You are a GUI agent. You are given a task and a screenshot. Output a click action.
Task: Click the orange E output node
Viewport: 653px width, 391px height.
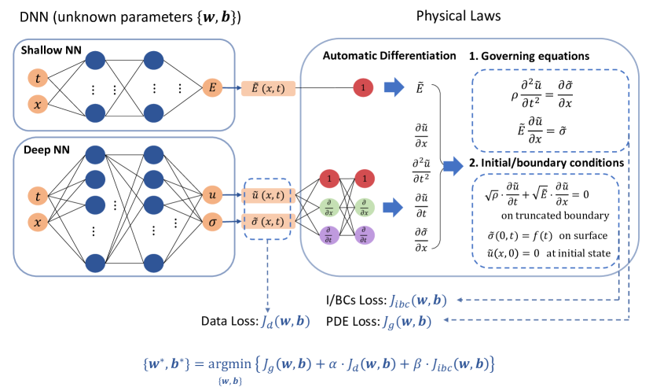[211, 87]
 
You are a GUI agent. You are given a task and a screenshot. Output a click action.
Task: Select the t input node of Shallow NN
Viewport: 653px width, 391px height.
[38, 78]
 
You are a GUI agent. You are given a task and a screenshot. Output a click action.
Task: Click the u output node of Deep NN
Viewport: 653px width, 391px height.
[212, 194]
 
